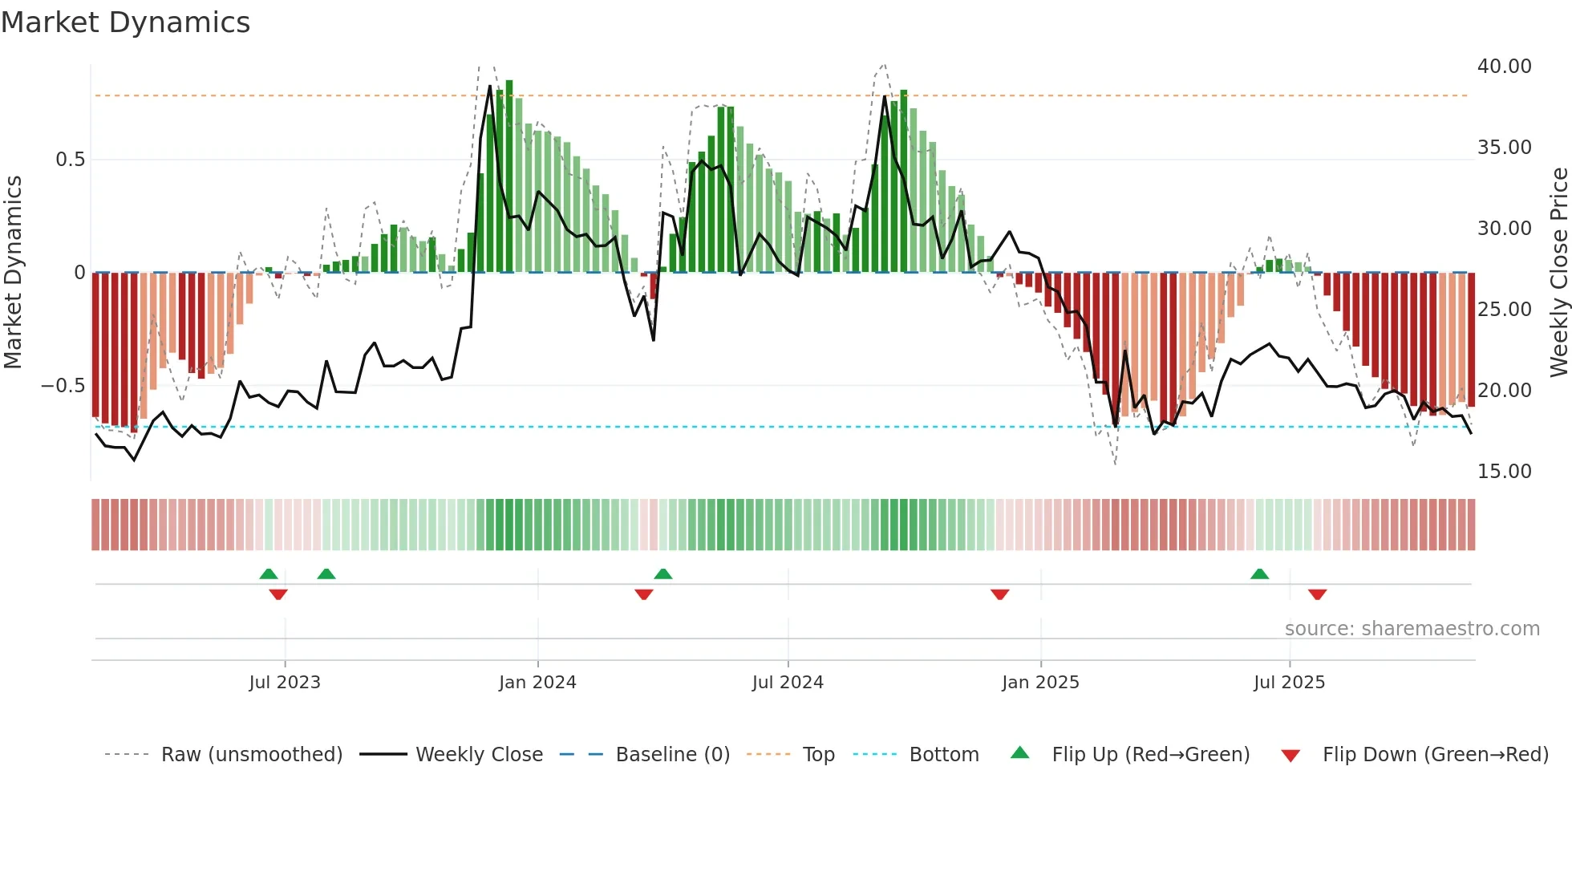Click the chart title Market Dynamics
[125, 22]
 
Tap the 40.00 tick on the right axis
[1504, 67]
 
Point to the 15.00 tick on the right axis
[1504, 472]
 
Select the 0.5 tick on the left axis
[71, 160]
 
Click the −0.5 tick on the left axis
[63, 386]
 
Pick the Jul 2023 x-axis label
[285, 683]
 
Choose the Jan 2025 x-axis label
[1040, 683]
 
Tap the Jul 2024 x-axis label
[788, 683]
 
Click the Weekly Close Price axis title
[1558, 272]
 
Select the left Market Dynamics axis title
[13, 272]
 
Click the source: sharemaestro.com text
[1412, 629]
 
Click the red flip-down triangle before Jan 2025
[999, 594]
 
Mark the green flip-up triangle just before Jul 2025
[1259, 574]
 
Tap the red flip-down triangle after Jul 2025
[1317, 594]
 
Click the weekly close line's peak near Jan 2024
[490, 86]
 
